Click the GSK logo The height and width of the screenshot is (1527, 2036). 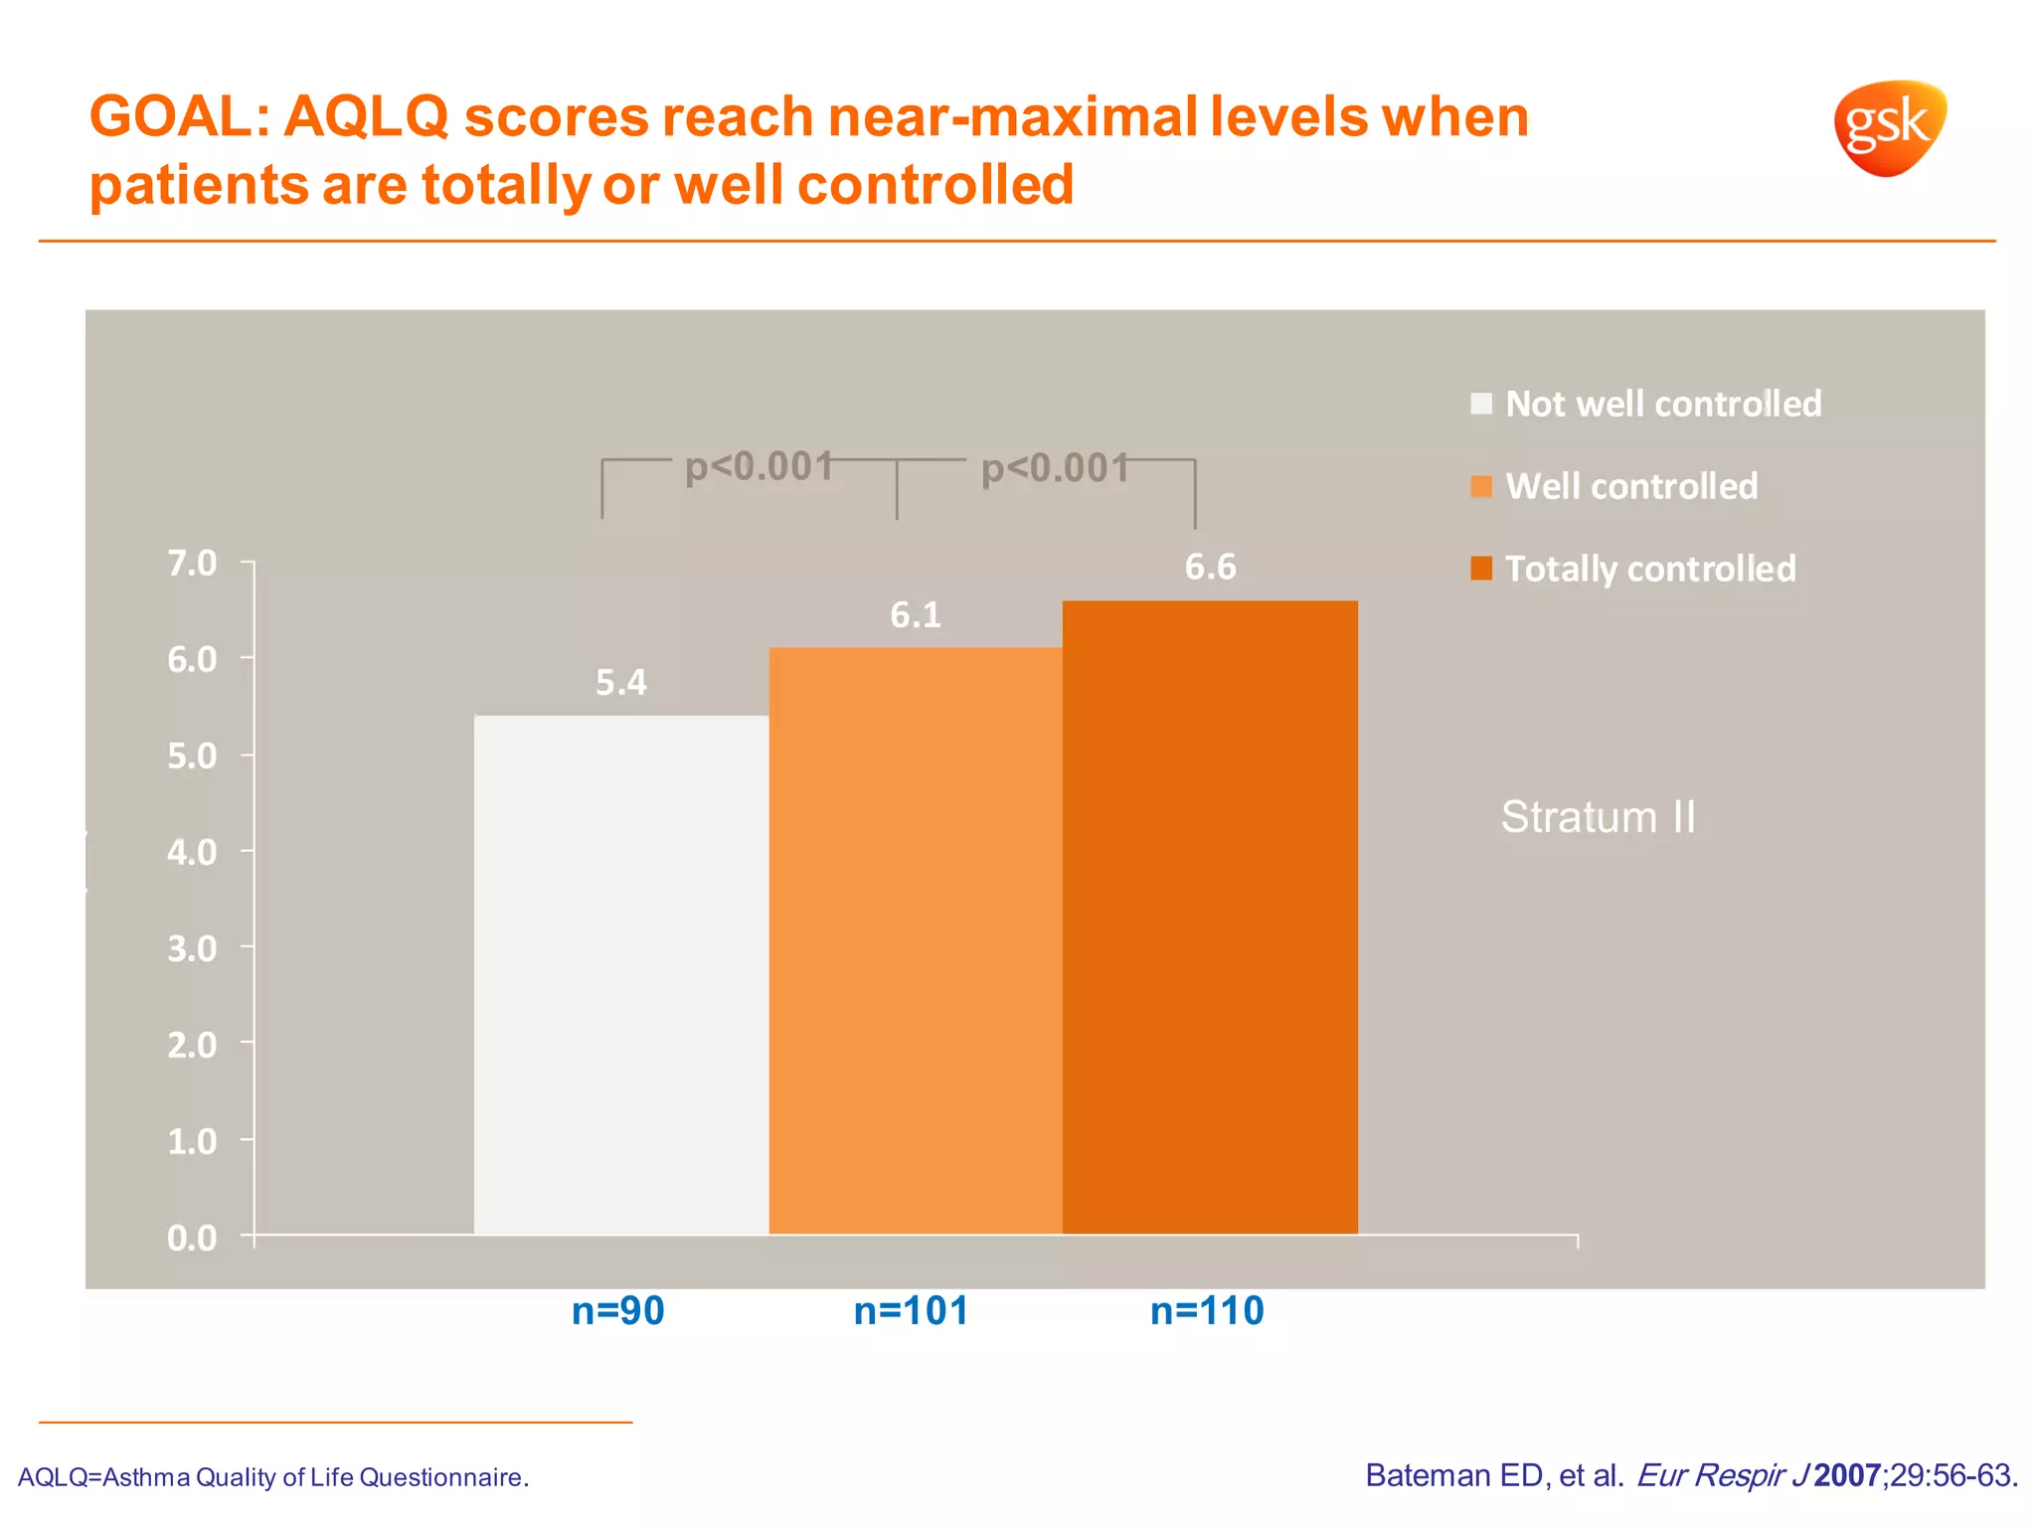tap(1889, 128)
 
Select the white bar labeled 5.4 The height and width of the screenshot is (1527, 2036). tap(621, 974)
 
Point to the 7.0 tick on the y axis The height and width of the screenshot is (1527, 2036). tap(193, 564)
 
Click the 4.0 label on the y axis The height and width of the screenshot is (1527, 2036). tap(193, 852)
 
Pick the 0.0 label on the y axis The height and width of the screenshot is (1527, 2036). tap(193, 1238)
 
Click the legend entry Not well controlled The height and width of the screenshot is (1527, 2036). tap(1662, 404)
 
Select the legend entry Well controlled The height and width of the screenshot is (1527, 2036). tap(1630, 486)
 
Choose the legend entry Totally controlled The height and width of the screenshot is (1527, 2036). tap(1649, 569)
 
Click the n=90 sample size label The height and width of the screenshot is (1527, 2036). tap(617, 1311)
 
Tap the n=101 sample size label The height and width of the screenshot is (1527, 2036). tap(911, 1311)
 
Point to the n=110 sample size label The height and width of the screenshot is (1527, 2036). tap(1207, 1311)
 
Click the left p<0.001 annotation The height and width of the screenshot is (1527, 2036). tap(759, 466)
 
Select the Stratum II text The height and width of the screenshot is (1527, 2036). tap(1598, 817)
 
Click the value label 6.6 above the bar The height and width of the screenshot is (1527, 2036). tap(1210, 567)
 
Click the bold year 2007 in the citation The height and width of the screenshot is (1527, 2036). tap(1846, 1475)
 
